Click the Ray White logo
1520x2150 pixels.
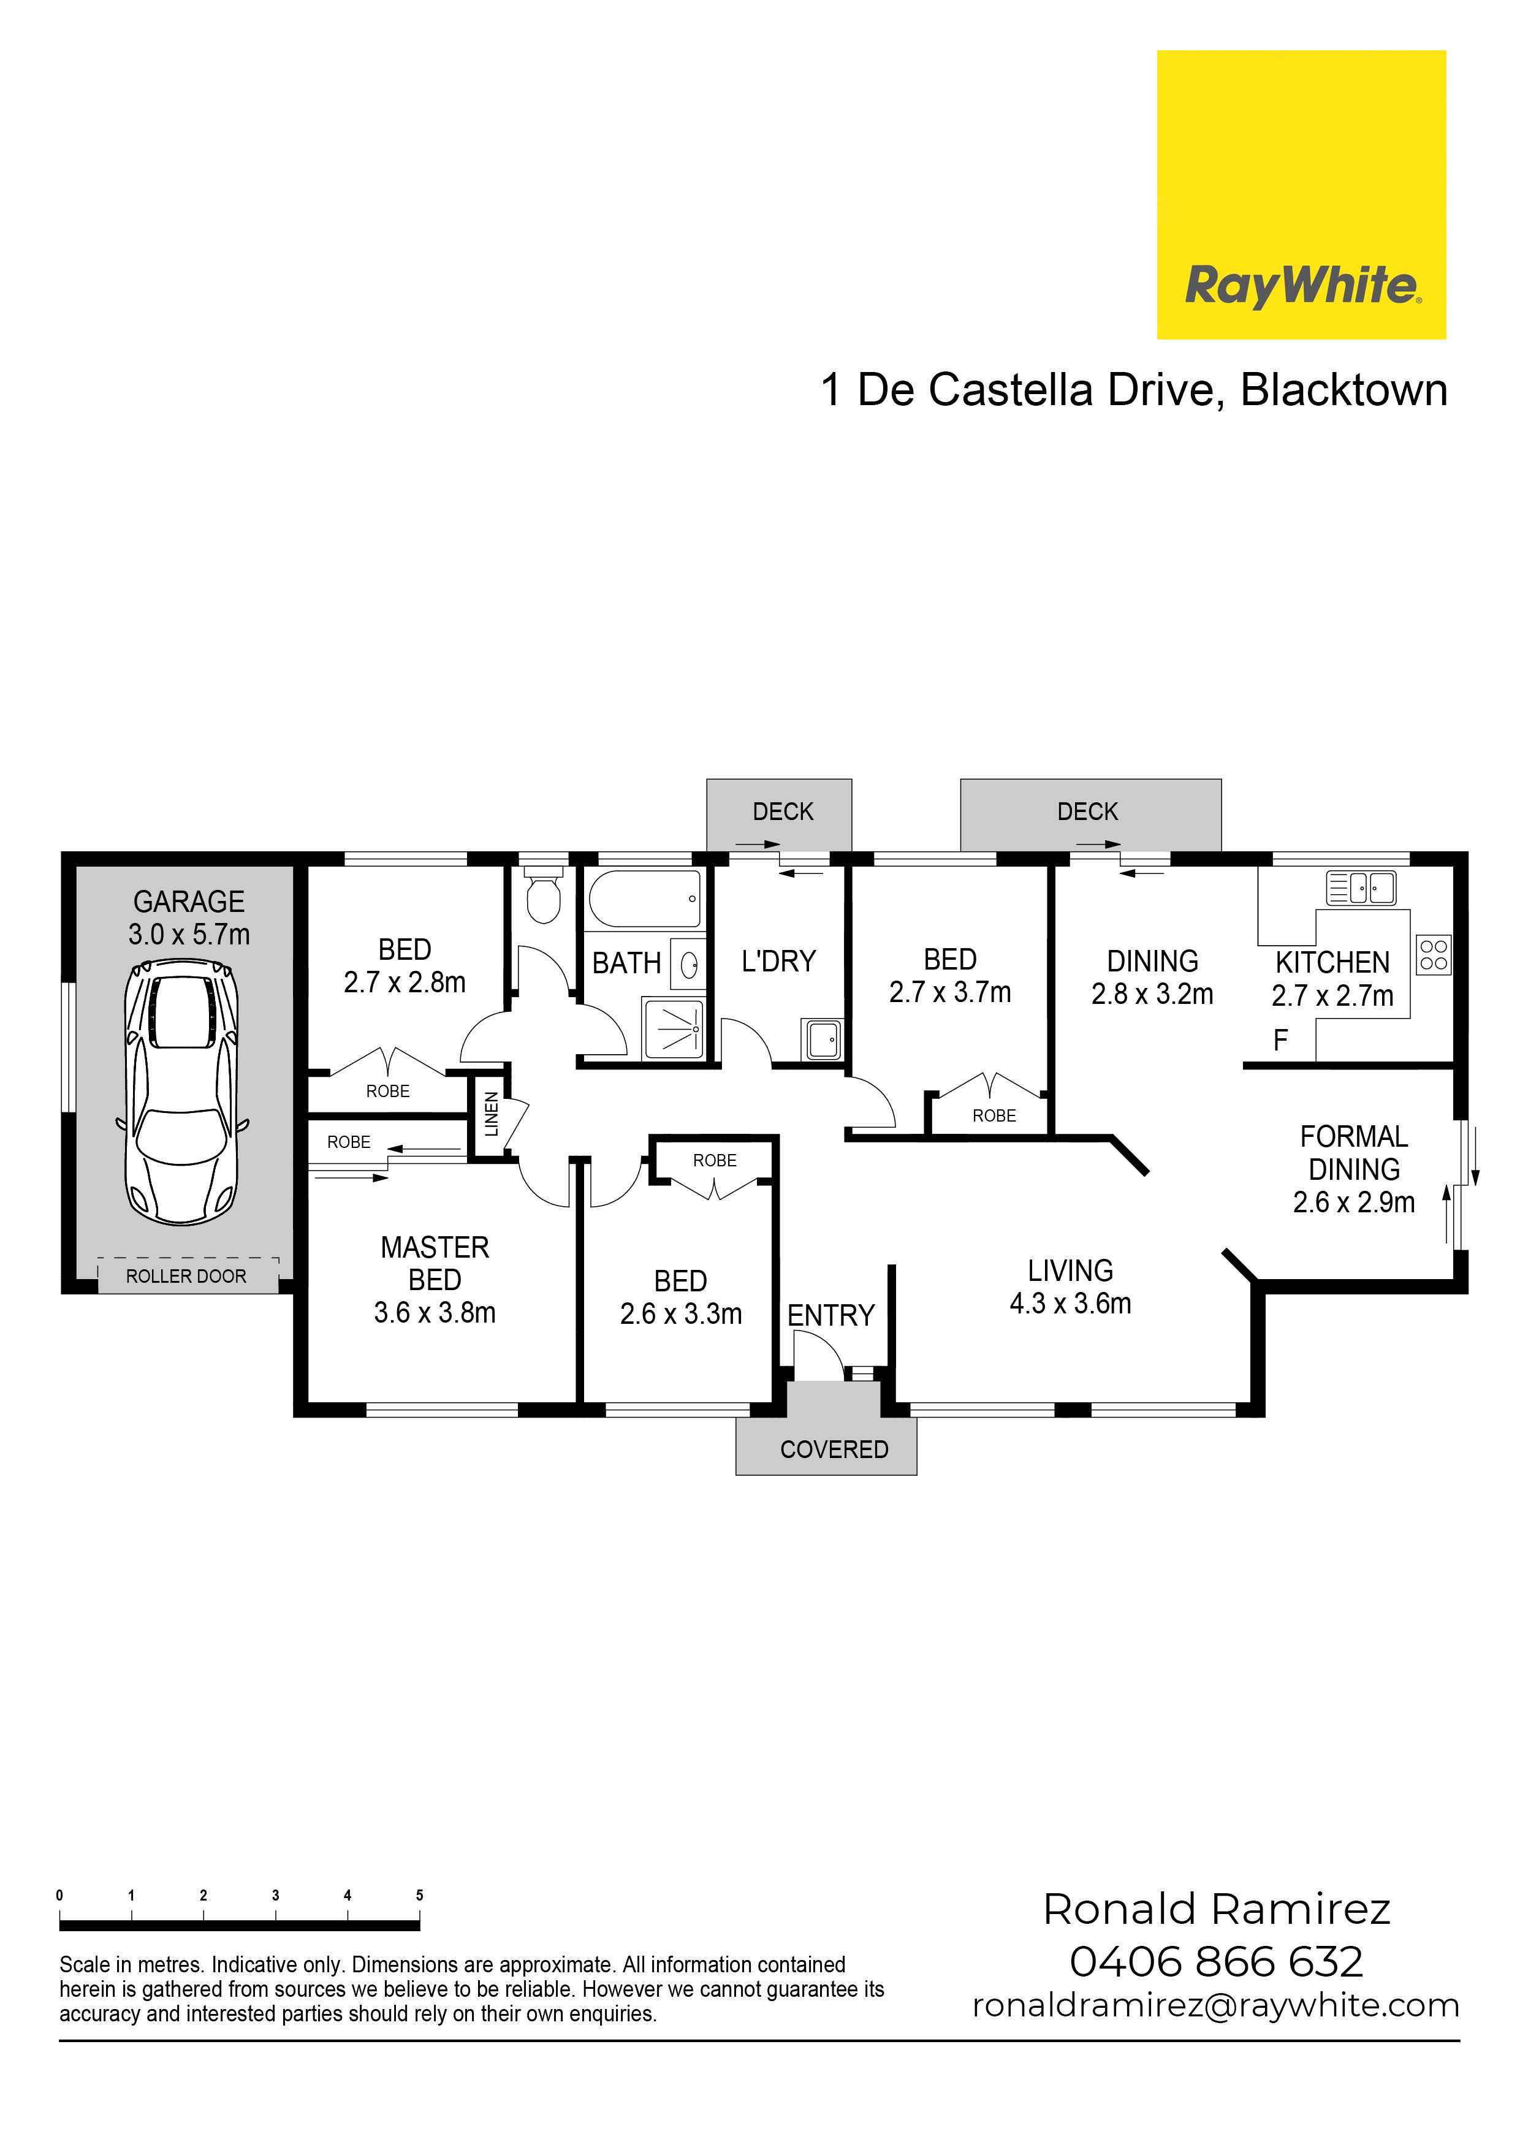[1301, 195]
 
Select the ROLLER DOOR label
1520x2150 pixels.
[186, 1276]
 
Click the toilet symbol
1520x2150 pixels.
[543, 894]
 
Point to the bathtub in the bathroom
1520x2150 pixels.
[644, 899]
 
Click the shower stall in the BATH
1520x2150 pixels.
[672, 1028]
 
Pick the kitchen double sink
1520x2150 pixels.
[1361, 887]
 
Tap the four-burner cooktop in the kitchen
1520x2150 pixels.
[1434, 955]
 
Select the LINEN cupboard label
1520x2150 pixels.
[492, 1114]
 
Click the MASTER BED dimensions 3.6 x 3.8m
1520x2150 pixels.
[435, 1313]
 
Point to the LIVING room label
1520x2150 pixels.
[1071, 1271]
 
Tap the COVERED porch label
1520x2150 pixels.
[834, 1449]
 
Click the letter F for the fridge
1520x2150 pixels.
[1280, 1040]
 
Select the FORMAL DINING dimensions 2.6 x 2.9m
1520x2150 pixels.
[1355, 1202]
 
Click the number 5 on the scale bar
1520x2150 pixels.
[420, 1895]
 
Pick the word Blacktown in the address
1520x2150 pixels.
[1344, 390]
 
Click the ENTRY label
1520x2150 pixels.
[830, 1316]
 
